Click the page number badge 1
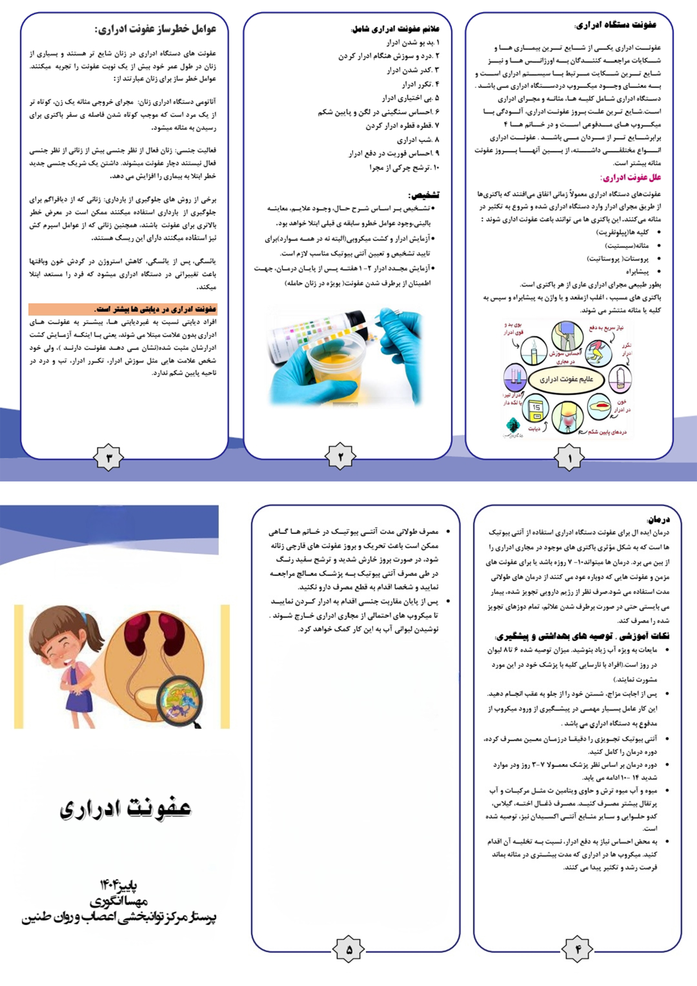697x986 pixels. (569, 459)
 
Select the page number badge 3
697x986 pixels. (109, 458)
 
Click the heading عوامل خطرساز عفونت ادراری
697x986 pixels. (155, 29)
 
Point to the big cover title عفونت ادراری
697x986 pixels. (125, 809)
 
